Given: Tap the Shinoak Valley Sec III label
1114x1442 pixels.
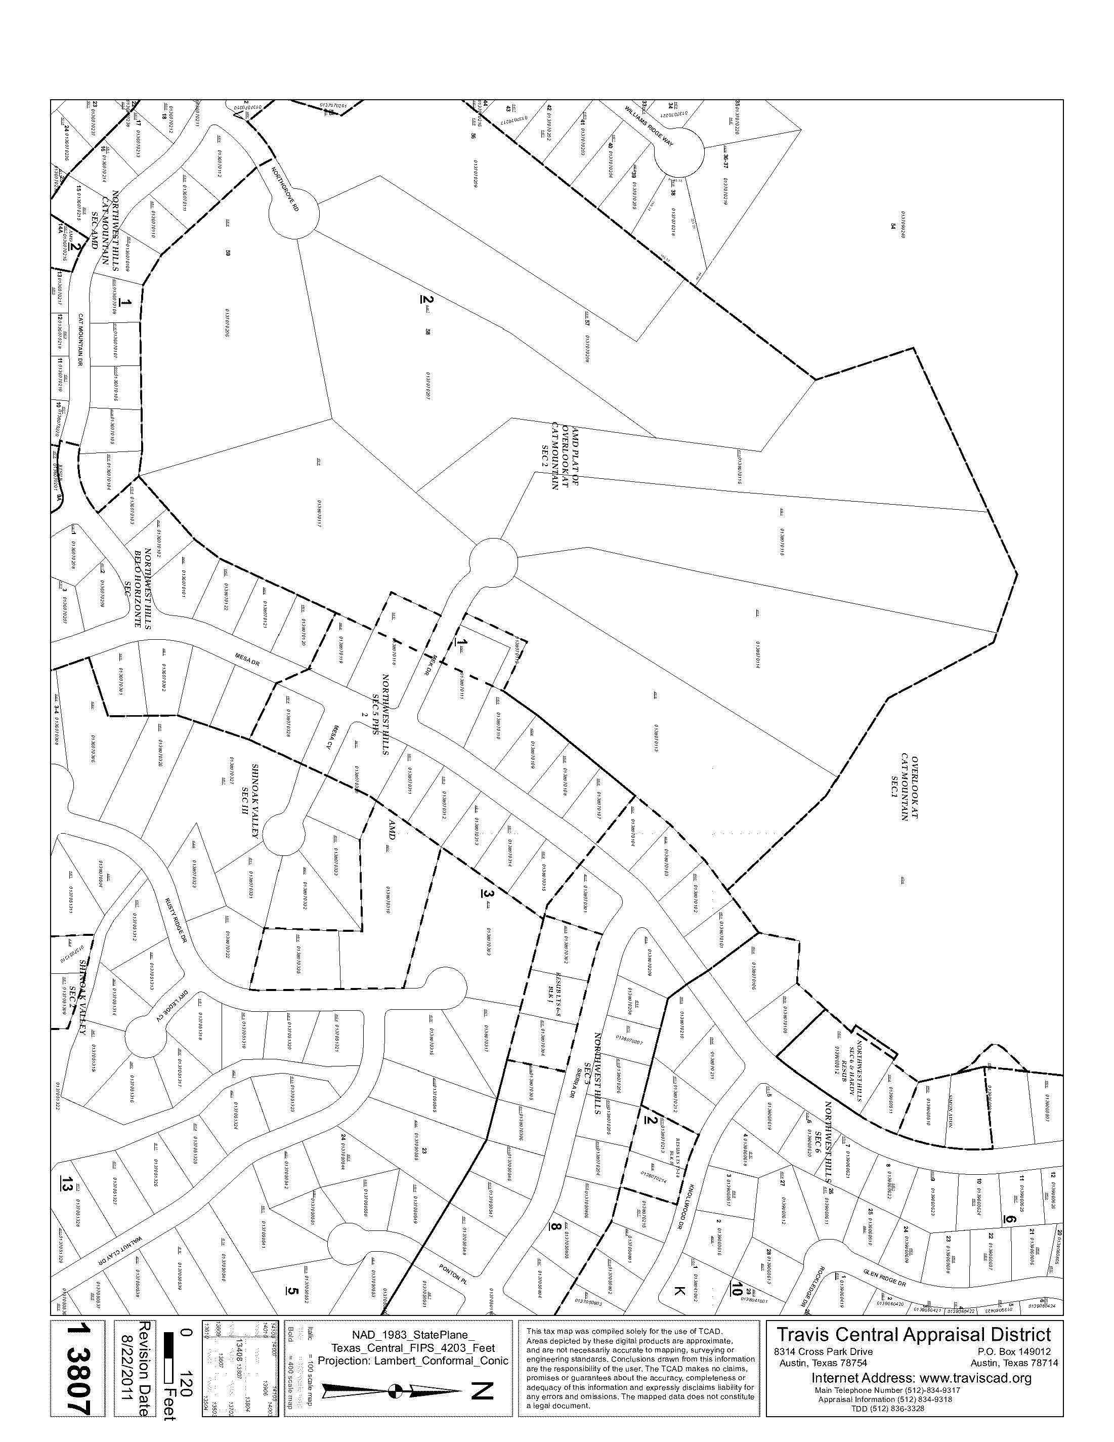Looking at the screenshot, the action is [x=249, y=801].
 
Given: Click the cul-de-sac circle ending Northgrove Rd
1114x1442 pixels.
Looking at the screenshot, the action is [x=294, y=213].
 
